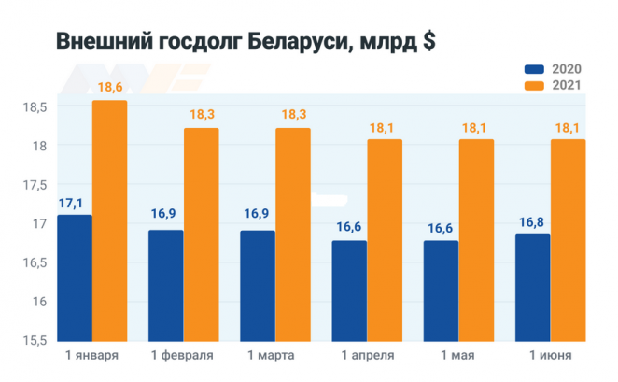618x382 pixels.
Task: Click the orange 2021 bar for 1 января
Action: click(109, 220)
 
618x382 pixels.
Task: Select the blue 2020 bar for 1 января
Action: click(75, 277)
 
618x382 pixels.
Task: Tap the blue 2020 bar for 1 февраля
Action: click(166, 285)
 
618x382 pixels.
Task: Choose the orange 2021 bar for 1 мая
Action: click(476, 240)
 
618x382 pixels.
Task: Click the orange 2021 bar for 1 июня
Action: click(568, 240)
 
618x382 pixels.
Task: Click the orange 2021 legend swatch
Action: click(535, 85)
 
